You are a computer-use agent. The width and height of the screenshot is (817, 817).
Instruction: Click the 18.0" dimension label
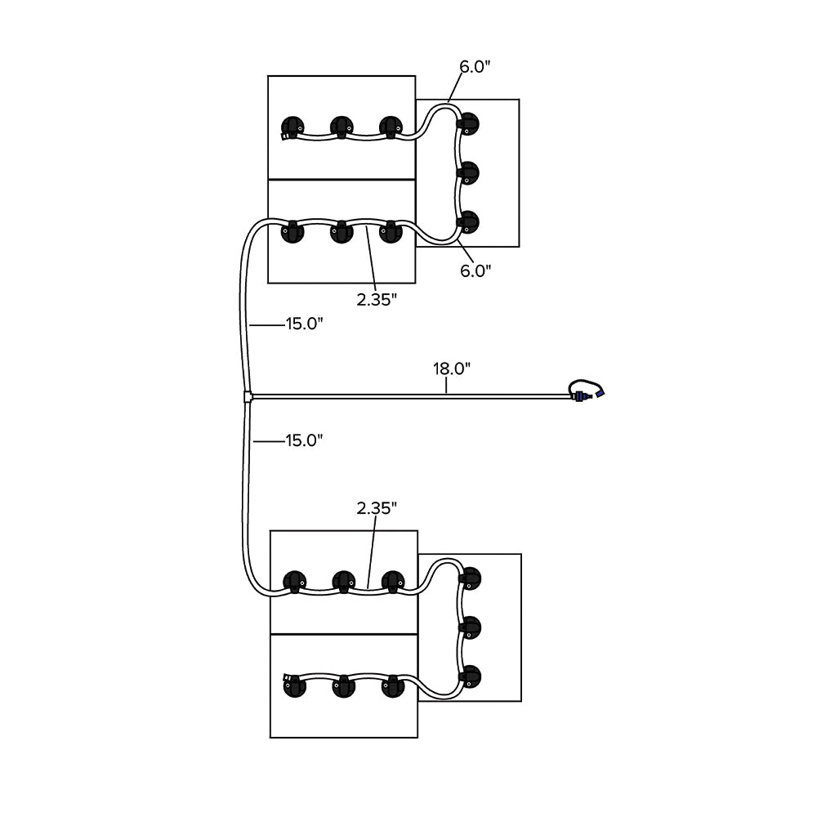click(x=452, y=368)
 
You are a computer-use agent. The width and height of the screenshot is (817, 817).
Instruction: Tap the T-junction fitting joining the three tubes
click(x=248, y=397)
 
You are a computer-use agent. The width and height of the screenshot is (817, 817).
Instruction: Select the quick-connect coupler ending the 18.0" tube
click(x=582, y=396)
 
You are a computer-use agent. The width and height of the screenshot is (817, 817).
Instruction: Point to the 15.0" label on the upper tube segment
click(x=304, y=324)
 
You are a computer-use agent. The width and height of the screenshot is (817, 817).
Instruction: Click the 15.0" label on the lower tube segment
click(x=304, y=440)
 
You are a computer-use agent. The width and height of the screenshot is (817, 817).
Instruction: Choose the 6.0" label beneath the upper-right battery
click(x=475, y=270)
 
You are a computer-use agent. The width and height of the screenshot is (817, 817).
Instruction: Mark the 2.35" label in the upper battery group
click(x=377, y=300)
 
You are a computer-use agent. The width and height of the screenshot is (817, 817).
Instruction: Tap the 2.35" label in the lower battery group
click(x=377, y=508)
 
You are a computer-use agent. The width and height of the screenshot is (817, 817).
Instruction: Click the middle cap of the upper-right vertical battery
click(x=468, y=172)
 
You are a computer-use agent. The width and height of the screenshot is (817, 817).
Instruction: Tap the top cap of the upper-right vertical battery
click(x=468, y=123)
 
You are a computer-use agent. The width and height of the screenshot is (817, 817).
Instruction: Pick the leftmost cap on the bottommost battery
click(x=293, y=685)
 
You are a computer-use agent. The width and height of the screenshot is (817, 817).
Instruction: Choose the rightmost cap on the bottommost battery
click(x=393, y=685)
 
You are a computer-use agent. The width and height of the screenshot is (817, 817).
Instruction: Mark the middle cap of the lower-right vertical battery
click(x=470, y=627)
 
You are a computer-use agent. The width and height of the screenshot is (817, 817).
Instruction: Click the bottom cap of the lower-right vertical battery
click(x=470, y=676)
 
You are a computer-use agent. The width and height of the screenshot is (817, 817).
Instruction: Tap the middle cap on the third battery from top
click(x=344, y=581)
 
